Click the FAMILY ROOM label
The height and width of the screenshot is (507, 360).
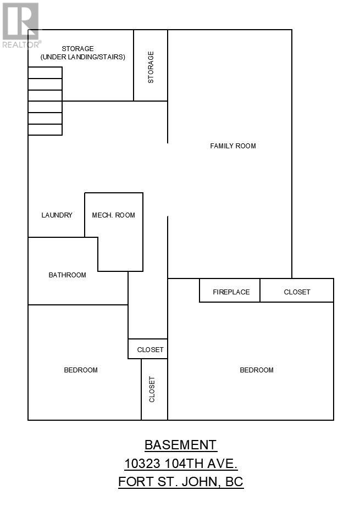point(233,146)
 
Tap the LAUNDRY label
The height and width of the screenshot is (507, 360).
point(57,215)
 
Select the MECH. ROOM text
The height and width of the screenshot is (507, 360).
point(114,215)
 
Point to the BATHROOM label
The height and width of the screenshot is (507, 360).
point(67,275)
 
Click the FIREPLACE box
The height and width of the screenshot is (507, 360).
point(230,291)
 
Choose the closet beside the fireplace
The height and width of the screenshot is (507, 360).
point(297,291)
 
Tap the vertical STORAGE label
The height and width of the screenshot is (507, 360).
point(151,67)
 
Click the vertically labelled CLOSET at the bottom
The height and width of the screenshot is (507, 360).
point(154,389)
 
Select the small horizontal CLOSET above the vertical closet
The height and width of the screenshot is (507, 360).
point(148,349)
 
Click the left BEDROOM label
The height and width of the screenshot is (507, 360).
point(81,370)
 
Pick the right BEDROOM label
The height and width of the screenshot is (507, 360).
point(257,370)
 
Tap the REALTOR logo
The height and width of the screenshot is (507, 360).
point(21,25)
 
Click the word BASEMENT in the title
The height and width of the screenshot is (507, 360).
point(180,445)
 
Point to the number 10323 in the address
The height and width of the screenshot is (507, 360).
point(143,464)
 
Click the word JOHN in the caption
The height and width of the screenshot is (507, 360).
point(200,482)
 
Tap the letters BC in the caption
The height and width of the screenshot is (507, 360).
point(234,482)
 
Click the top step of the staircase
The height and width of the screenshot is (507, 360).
point(45,73)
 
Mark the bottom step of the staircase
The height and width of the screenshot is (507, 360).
point(45,130)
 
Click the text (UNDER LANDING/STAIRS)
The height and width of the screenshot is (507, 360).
point(83,57)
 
